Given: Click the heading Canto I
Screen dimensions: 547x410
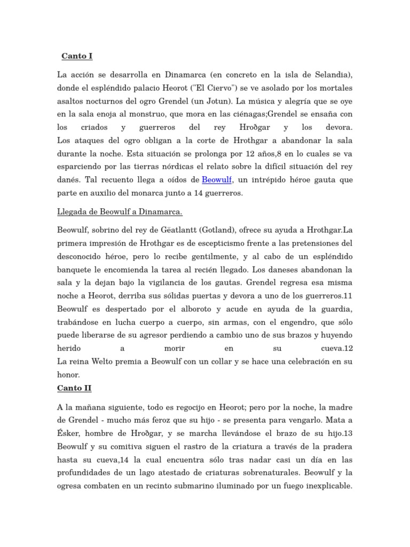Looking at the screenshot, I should point(77,56).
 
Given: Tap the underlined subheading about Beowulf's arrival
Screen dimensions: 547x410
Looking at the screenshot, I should point(120,212).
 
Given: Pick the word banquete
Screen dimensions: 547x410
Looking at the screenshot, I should point(76,270).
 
